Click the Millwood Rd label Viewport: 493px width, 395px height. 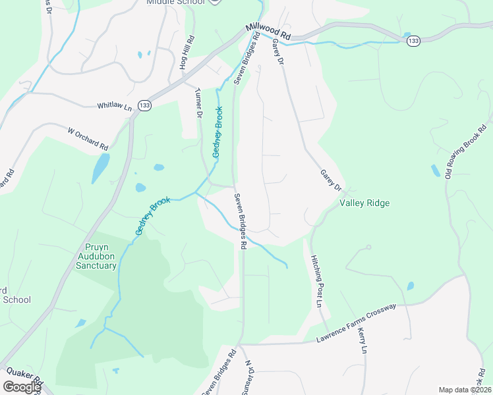coord(268,31)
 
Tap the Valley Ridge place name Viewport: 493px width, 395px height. coord(364,203)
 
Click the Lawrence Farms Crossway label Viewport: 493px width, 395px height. coord(356,323)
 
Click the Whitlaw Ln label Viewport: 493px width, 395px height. coord(115,106)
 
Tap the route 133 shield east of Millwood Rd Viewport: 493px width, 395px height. coord(413,41)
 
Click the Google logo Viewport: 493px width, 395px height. coord(22,387)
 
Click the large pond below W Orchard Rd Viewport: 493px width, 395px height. coord(101,168)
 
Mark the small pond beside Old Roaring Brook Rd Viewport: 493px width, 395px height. coord(436,171)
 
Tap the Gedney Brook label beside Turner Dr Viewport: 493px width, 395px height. coord(217,132)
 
